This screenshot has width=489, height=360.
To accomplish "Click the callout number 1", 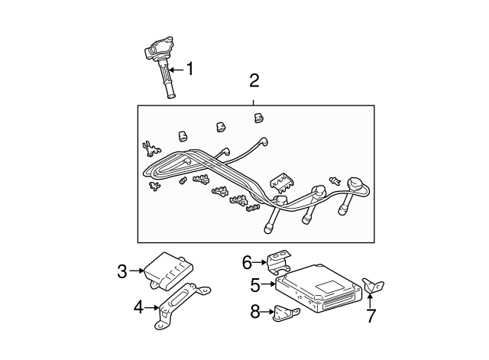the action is click(x=189, y=69).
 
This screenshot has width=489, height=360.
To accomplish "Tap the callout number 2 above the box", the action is click(x=254, y=80).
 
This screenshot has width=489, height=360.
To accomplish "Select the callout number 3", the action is click(x=122, y=271).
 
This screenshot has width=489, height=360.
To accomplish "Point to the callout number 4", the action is click(x=138, y=307).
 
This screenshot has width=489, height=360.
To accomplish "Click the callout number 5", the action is click(x=255, y=285).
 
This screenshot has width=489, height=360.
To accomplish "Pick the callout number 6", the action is click(x=247, y=262).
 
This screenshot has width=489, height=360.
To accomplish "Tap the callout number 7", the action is click(x=371, y=316).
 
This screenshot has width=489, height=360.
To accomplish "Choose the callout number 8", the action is click(x=255, y=311).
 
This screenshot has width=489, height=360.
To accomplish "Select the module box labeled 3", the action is click(x=168, y=270).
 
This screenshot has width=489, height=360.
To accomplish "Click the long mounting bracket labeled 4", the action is click(x=183, y=306).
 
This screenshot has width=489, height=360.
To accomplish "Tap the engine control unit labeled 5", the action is click(x=318, y=287).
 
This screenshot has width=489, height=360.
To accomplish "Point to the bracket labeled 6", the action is click(x=278, y=261).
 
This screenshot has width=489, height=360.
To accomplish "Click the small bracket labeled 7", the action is click(x=373, y=285).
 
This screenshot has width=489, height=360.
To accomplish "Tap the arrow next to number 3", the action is click(x=136, y=271).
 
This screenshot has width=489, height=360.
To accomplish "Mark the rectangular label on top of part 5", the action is click(x=325, y=287).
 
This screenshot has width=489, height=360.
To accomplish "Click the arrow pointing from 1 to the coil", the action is click(x=176, y=70).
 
